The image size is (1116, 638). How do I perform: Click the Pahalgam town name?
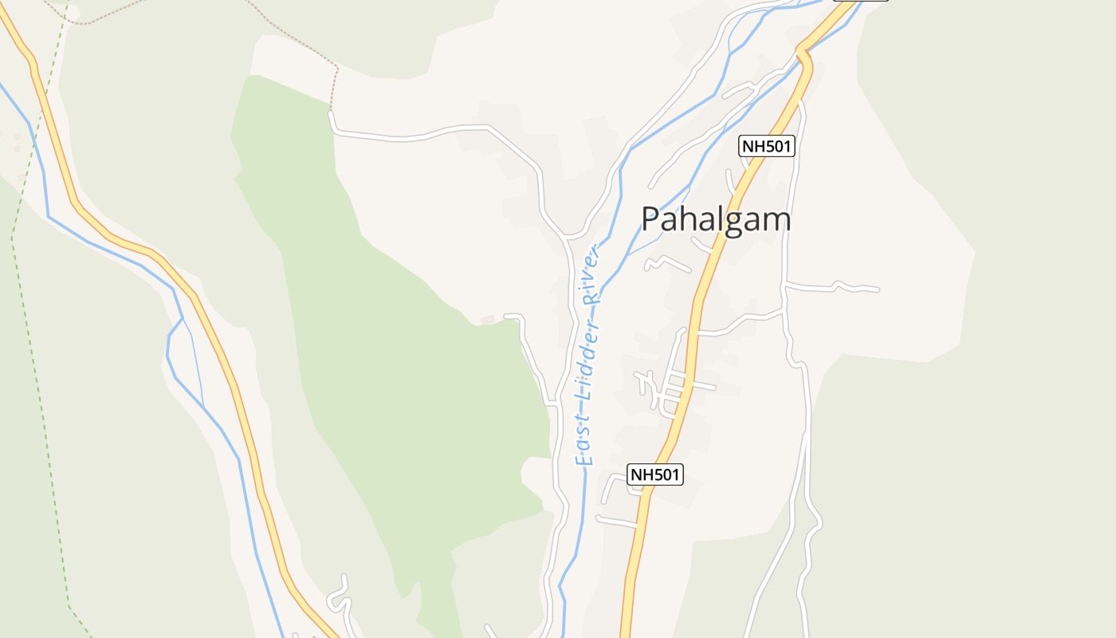click(716, 219)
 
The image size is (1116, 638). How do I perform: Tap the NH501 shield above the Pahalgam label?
click(768, 146)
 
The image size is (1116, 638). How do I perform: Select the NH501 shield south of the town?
click(655, 475)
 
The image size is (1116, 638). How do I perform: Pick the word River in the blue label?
click(591, 275)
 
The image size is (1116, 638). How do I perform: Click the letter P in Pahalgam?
click(651, 219)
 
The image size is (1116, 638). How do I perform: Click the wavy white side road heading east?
click(833, 286)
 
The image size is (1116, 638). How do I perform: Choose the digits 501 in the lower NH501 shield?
click(664, 475)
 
